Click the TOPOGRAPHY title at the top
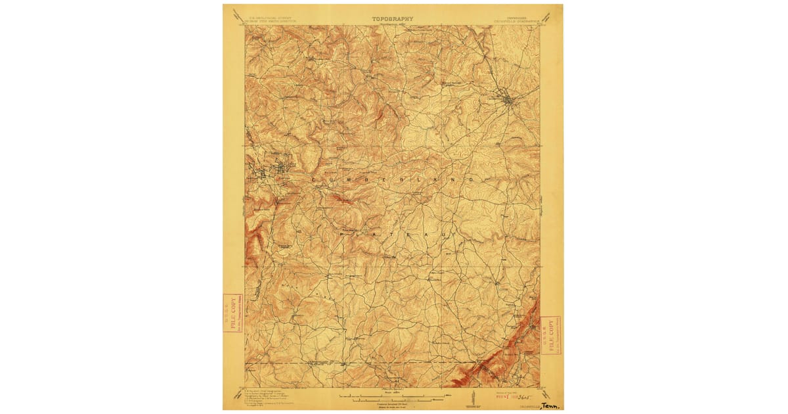pos(393,19)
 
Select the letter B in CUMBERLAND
pos(370,179)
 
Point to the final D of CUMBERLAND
pos(471,179)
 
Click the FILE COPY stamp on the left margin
pos(233,313)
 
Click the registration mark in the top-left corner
pos(234,16)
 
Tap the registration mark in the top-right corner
pos(551,16)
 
